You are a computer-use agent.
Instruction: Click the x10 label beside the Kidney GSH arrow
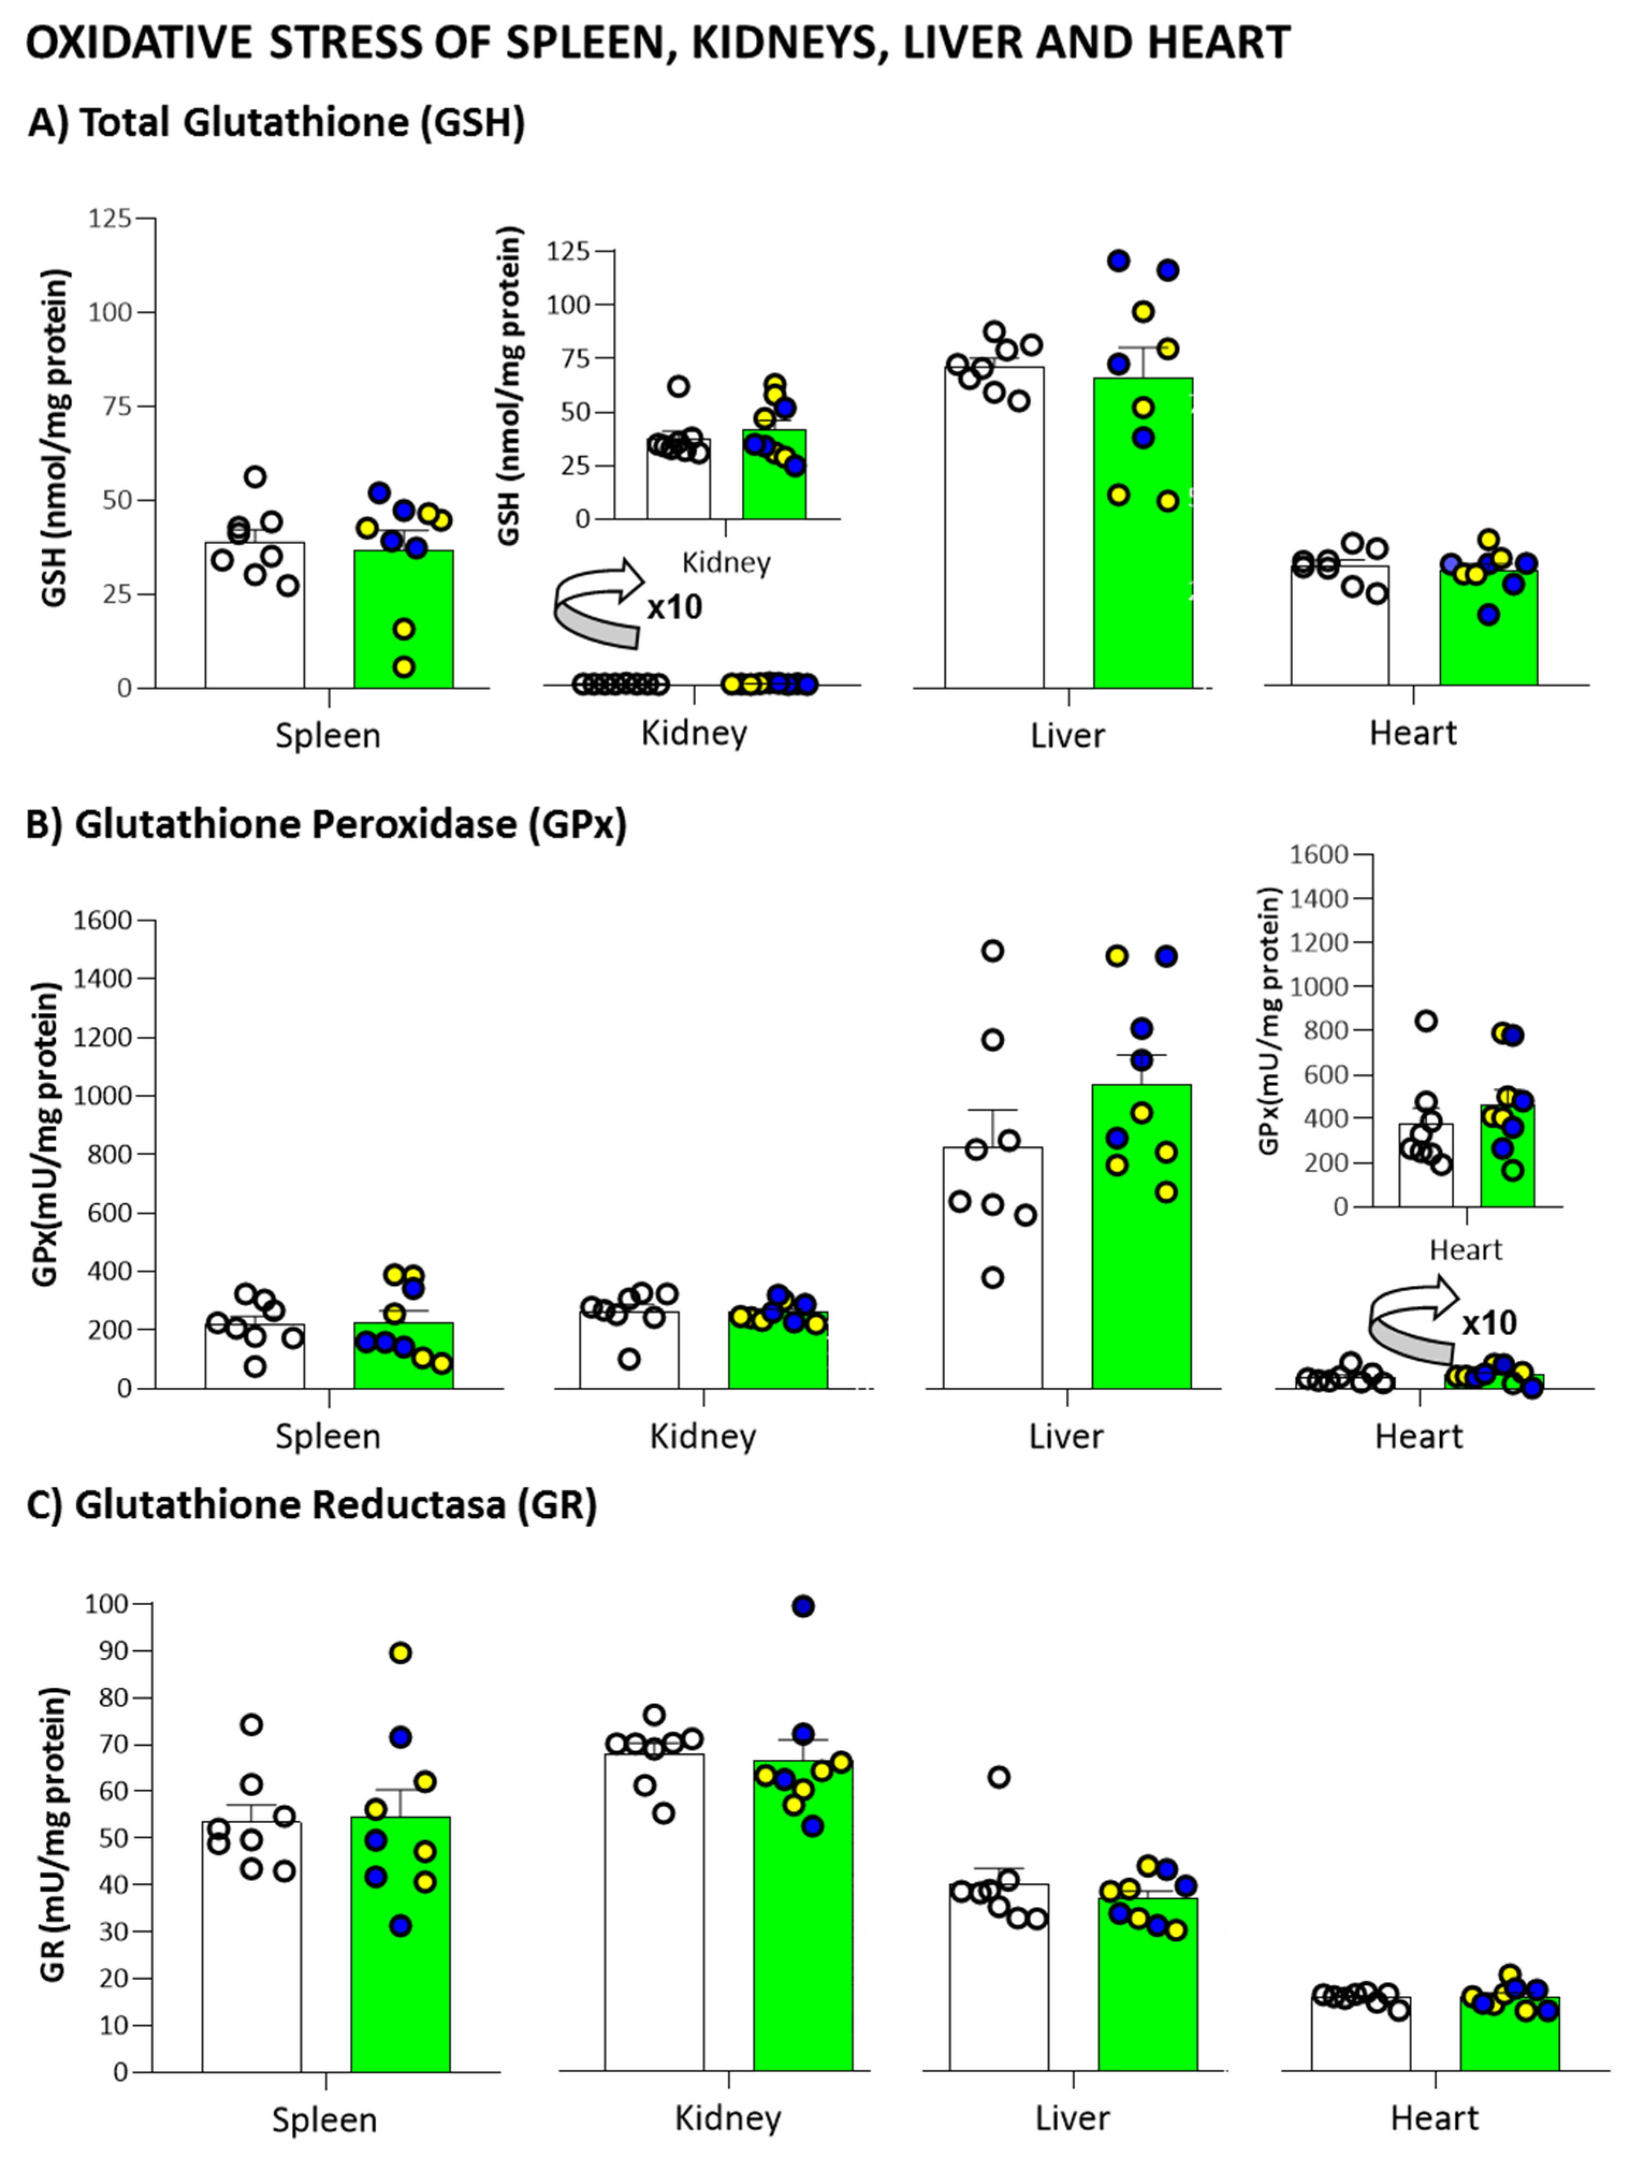pyautogui.click(x=675, y=607)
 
